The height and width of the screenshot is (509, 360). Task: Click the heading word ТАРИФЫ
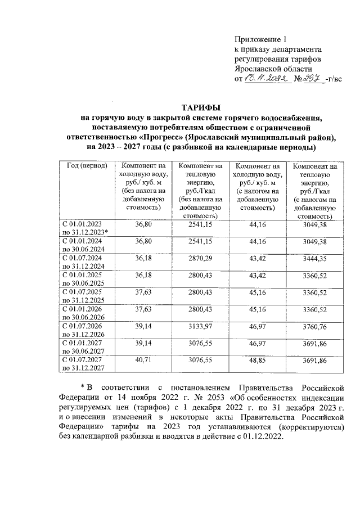200,107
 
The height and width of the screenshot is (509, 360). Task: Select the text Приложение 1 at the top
260,40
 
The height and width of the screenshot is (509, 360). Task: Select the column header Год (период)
86,166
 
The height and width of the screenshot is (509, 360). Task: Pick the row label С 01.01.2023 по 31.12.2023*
86,228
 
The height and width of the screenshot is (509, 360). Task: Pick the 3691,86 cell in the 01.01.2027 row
314,344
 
